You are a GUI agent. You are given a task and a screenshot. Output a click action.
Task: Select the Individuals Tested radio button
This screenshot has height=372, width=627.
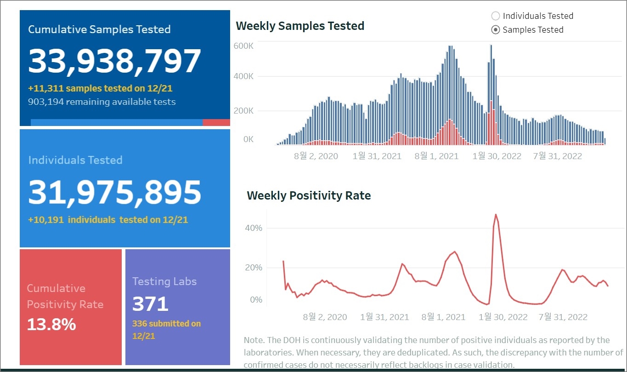pyautogui.click(x=496, y=16)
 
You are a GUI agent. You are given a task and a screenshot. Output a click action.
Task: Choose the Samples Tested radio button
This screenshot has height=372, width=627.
pyautogui.click(x=496, y=30)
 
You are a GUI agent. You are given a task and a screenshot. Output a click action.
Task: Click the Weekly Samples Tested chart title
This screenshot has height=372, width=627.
pyautogui.click(x=300, y=26)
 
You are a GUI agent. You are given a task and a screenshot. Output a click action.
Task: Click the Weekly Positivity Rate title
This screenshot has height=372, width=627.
pyautogui.click(x=309, y=196)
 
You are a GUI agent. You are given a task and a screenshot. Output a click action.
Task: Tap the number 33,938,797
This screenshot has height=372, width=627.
pyautogui.click(x=115, y=62)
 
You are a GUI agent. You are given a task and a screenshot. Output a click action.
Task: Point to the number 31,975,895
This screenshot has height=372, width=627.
pyautogui.click(x=115, y=192)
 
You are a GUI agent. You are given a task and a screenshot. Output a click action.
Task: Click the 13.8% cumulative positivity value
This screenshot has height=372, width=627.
pyautogui.click(x=51, y=325)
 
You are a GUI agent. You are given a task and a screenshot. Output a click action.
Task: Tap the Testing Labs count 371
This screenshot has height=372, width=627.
pyautogui.click(x=150, y=304)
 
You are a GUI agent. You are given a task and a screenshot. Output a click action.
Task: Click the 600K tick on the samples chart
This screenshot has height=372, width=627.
pyautogui.click(x=243, y=46)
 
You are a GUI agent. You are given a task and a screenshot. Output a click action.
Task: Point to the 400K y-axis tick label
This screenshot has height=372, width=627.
pyautogui.click(x=243, y=76)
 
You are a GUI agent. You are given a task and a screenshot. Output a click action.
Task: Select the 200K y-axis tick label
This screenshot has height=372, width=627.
pyautogui.click(x=243, y=111)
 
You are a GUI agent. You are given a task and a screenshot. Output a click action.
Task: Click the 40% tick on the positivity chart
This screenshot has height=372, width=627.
pyautogui.click(x=254, y=228)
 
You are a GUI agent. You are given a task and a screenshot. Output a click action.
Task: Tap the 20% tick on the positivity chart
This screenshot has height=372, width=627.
pyautogui.click(x=254, y=268)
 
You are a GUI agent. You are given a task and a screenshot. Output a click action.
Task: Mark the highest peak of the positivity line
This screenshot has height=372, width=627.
pyautogui.click(x=496, y=214)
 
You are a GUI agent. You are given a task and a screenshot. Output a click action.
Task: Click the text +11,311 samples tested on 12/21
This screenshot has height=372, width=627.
pyautogui.click(x=100, y=88)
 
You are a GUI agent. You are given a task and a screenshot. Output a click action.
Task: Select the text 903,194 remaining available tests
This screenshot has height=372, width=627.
pyautogui.click(x=102, y=102)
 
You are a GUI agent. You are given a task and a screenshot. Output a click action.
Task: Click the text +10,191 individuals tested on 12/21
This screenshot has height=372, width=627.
pyautogui.click(x=108, y=220)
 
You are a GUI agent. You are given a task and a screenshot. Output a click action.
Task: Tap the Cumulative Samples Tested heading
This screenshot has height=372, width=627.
pyautogui.click(x=99, y=29)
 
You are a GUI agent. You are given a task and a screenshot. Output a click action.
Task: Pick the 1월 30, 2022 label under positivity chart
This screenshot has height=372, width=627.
pyautogui.click(x=503, y=317)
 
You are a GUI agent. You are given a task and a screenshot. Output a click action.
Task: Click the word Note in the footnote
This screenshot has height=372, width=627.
pyautogui.click(x=254, y=340)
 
